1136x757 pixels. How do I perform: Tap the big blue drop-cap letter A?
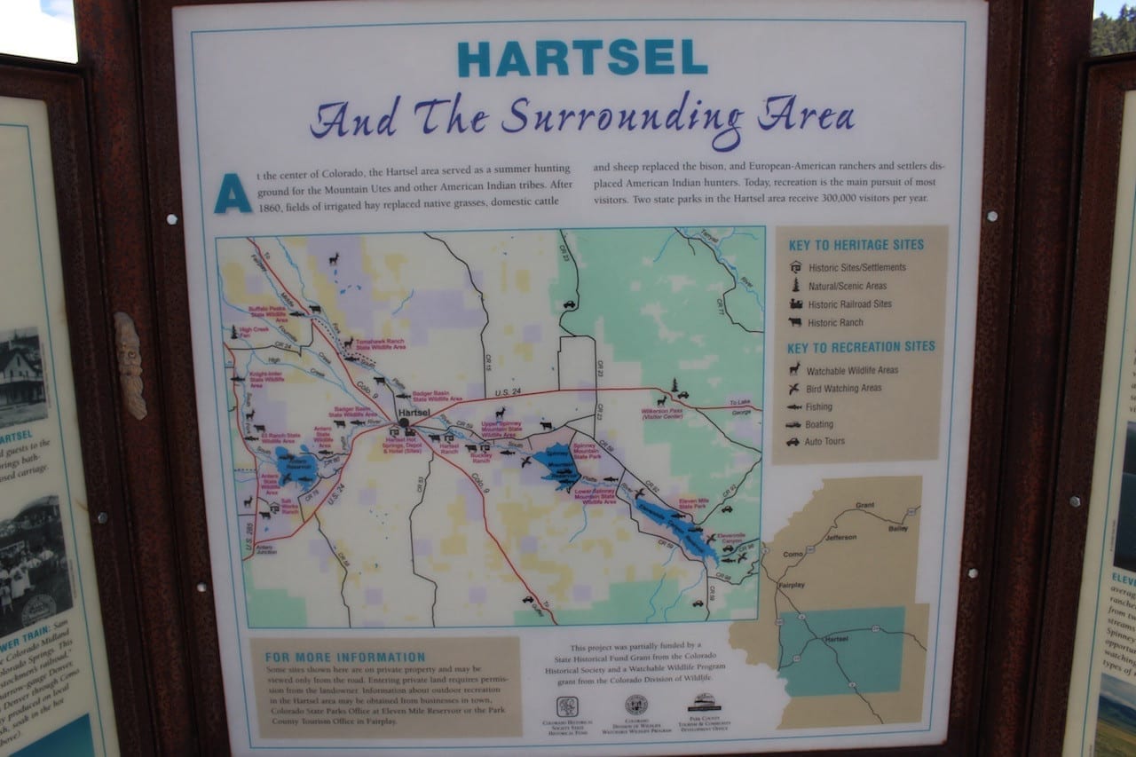click(x=233, y=193)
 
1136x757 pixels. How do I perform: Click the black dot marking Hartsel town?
click(x=403, y=422)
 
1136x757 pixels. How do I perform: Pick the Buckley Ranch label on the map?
click(x=480, y=458)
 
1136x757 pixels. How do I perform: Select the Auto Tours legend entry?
click(x=824, y=441)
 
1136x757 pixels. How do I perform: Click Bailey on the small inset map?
click(x=897, y=528)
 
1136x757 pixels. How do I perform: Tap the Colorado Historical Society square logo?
click(x=567, y=706)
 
